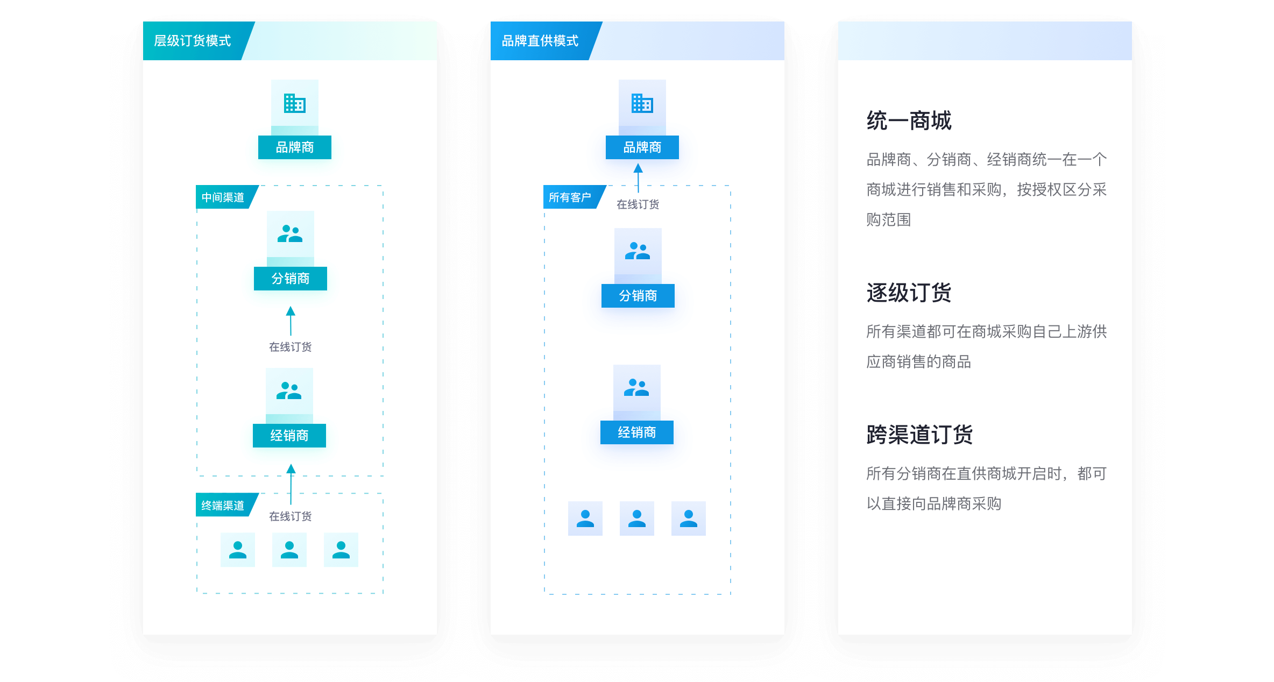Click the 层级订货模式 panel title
click(193, 41)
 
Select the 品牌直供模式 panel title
click(540, 41)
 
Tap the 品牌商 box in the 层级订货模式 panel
click(295, 147)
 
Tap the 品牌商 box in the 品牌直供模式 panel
click(642, 147)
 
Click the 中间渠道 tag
click(223, 197)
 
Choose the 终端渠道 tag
click(223, 506)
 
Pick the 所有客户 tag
click(570, 197)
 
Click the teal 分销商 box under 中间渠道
click(291, 279)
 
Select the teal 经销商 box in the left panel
click(289, 436)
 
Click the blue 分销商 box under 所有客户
click(638, 296)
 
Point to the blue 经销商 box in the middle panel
click(637, 432)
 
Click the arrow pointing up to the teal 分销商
click(291, 321)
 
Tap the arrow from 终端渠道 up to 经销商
click(291, 484)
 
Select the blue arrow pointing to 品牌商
click(638, 178)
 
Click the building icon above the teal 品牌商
click(295, 103)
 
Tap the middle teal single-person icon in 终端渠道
click(289, 550)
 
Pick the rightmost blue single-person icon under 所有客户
click(689, 518)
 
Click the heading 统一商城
click(909, 120)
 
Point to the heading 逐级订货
click(909, 293)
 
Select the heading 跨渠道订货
click(919, 435)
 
